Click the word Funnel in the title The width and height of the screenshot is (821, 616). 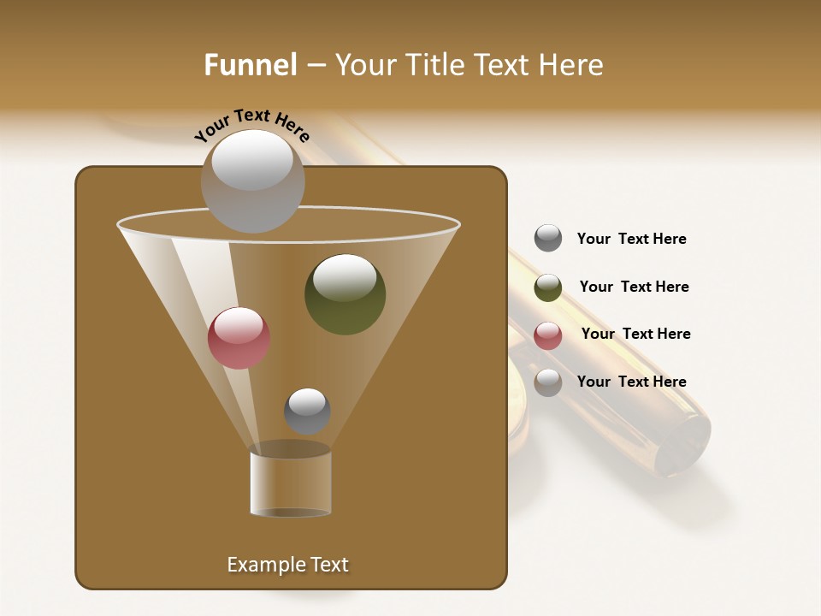click(251, 65)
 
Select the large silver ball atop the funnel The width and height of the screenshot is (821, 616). click(252, 181)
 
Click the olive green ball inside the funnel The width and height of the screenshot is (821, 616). click(345, 294)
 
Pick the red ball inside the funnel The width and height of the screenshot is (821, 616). click(239, 338)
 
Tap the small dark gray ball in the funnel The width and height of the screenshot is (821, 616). click(307, 411)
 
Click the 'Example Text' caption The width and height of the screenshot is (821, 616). click(287, 565)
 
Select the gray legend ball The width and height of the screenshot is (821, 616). click(548, 238)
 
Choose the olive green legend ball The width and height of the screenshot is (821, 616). click(548, 287)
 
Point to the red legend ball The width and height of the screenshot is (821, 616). click(548, 335)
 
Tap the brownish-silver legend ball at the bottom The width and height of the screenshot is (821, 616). click(548, 382)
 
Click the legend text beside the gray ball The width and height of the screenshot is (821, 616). click(631, 239)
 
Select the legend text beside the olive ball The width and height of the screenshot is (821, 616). click(634, 287)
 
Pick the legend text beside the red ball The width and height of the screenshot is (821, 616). click(635, 334)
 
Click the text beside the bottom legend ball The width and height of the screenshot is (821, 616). click(631, 382)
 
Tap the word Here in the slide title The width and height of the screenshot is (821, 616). click(571, 65)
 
